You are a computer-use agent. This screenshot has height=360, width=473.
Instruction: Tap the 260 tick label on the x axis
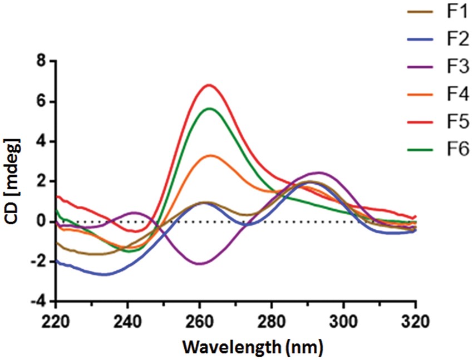point(199,321)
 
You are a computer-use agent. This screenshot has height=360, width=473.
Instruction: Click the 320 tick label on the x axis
point(415,321)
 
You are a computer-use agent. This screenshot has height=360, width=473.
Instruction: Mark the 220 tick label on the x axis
point(56,321)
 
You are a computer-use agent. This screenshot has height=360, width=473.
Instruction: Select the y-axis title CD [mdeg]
point(12,181)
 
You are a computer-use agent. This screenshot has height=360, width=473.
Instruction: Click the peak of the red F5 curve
point(209,85)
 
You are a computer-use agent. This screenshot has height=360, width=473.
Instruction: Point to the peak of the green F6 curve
point(210,109)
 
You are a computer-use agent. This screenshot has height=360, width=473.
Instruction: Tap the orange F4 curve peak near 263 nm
point(210,156)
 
